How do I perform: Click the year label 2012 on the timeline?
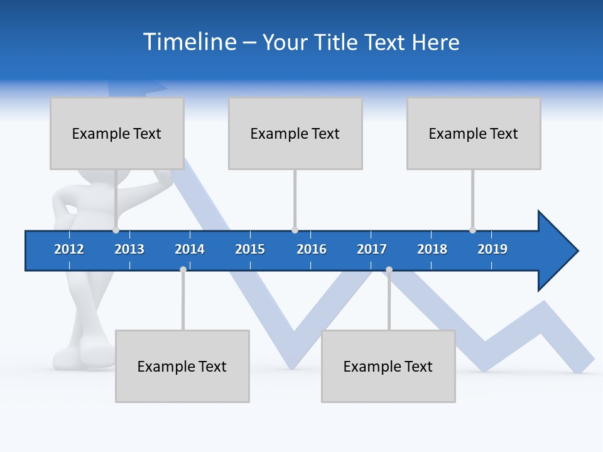pos(69,249)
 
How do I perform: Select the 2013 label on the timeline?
pos(129,249)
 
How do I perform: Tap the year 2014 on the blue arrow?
pos(190,249)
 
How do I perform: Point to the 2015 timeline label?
pos(250,249)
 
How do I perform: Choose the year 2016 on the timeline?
pos(312,249)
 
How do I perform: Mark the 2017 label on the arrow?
pos(372,249)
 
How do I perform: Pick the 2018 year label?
pos(432,249)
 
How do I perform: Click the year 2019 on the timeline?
pos(492,249)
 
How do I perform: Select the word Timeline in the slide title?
pos(188,42)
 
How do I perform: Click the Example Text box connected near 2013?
pos(117,133)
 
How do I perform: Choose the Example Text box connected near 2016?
pos(295,133)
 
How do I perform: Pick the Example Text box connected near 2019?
pos(474,133)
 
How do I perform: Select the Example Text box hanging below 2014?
pos(182,366)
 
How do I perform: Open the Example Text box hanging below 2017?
pos(388,366)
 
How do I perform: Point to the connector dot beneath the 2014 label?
pos(183,270)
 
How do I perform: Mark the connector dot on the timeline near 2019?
pos(472,230)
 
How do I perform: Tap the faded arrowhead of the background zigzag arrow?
pos(138,88)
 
